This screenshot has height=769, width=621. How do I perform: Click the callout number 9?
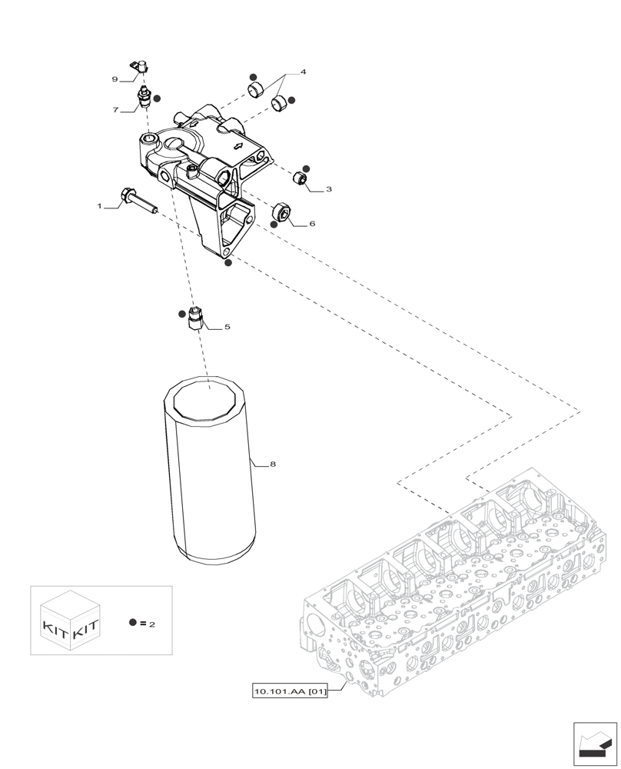[x=115, y=79]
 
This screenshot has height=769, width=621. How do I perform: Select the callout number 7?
[x=115, y=110]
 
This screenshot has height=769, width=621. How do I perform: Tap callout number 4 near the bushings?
[x=303, y=72]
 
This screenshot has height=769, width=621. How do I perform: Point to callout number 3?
[x=328, y=188]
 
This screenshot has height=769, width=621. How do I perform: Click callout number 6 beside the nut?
[x=312, y=225]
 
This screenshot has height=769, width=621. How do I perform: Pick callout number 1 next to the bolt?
[x=99, y=206]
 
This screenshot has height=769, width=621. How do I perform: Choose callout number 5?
[x=227, y=327]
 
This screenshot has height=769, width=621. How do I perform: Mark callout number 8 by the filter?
[x=272, y=464]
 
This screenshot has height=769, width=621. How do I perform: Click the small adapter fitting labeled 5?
[x=195, y=318]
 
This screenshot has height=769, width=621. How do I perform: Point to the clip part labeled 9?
[x=141, y=68]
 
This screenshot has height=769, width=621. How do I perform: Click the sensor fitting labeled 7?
[x=143, y=98]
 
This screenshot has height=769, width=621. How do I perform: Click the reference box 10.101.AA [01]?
[x=291, y=691]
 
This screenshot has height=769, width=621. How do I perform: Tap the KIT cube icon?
[x=71, y=621]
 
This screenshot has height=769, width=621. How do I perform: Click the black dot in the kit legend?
[x=133, y=622]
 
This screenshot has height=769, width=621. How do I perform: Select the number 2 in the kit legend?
[x=152, y=624]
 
